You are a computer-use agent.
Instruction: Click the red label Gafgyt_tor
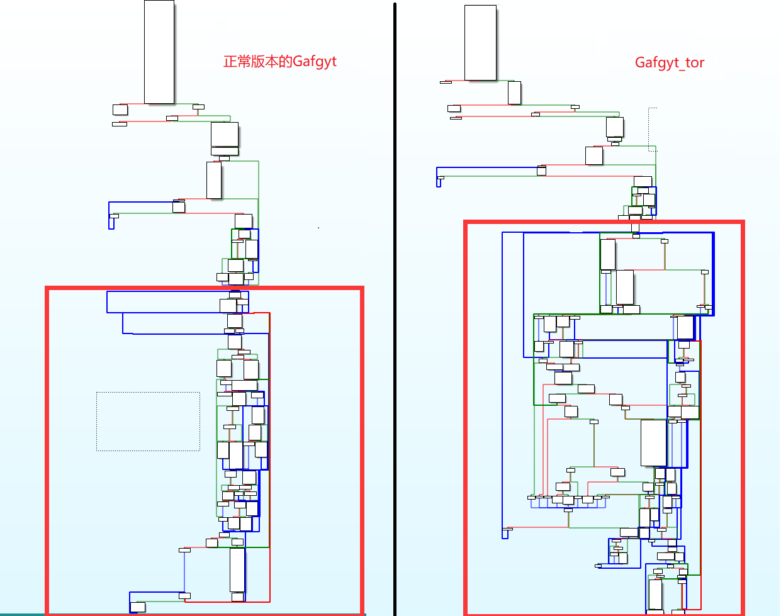(670, 62)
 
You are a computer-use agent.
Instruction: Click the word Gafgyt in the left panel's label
(315, 62)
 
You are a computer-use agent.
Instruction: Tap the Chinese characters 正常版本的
(258, 62)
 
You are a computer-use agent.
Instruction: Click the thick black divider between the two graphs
(395, 308)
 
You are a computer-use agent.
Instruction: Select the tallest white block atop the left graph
(159, 52)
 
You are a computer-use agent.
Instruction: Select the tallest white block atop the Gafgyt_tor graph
(480, 42)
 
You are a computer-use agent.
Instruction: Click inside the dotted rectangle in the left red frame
(148, 422)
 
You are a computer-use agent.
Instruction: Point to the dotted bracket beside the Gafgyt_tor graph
(649, 129)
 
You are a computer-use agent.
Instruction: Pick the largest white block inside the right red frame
(654, 443)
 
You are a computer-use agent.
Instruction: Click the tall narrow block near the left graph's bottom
(237, 570)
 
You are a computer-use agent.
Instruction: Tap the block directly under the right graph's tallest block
(514, 93)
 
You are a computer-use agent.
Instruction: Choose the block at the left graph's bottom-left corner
(138, 607)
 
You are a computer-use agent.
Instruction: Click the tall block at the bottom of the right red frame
(655, 594)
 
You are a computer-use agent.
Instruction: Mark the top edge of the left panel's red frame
(205, 288)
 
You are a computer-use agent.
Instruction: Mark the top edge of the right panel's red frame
(604, 221)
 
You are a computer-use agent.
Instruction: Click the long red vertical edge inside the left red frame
(269, 457)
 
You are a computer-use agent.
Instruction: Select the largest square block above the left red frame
(225, 134)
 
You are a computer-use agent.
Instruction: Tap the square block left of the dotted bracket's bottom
(593, 155)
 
